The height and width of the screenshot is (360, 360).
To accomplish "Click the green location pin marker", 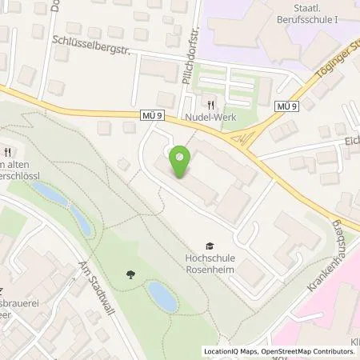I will pos(181,162).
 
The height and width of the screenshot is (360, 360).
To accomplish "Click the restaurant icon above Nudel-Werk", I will pos(211,104).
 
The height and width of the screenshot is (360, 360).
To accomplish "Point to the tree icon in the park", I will pos(130,276).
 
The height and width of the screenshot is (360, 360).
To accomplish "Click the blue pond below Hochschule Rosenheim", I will pos(162,297).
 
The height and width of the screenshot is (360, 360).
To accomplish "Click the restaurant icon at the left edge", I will pos(8,151).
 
